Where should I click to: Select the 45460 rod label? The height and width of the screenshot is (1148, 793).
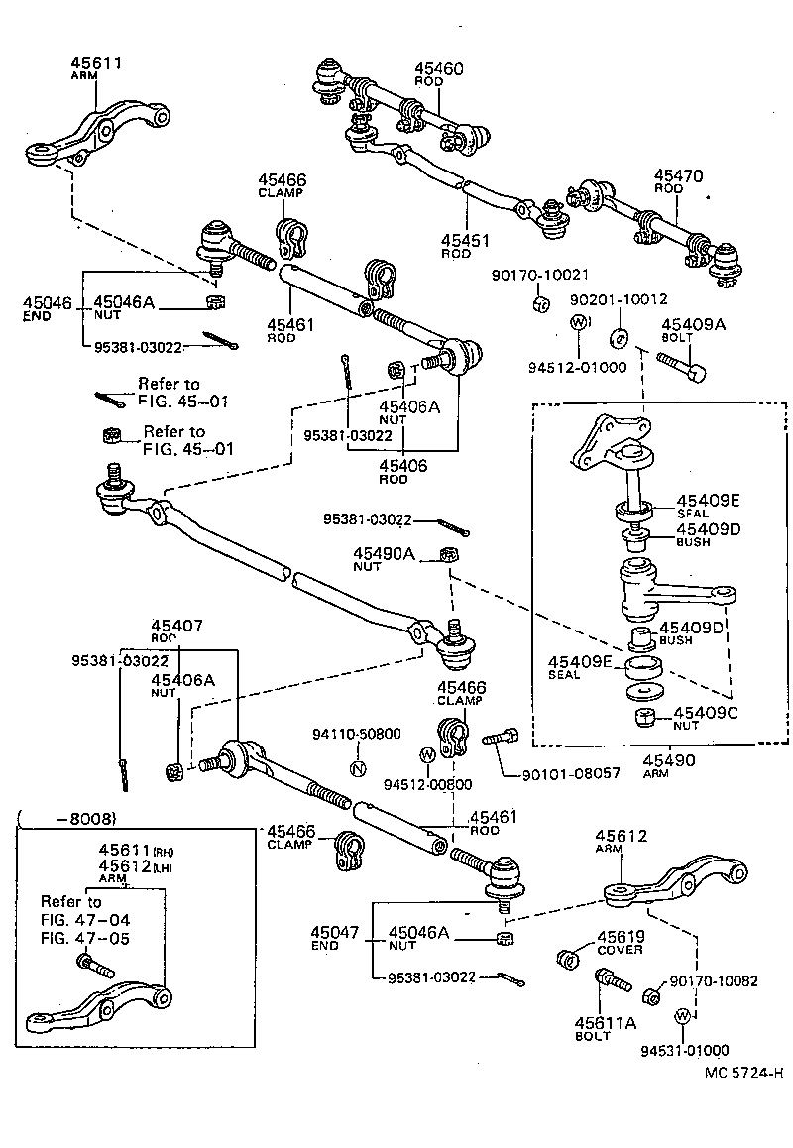(x=438, y=69)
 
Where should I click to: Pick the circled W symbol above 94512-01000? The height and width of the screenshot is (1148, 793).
(x=579, y=323)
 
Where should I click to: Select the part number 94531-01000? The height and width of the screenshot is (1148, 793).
(x=684, y=1050)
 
